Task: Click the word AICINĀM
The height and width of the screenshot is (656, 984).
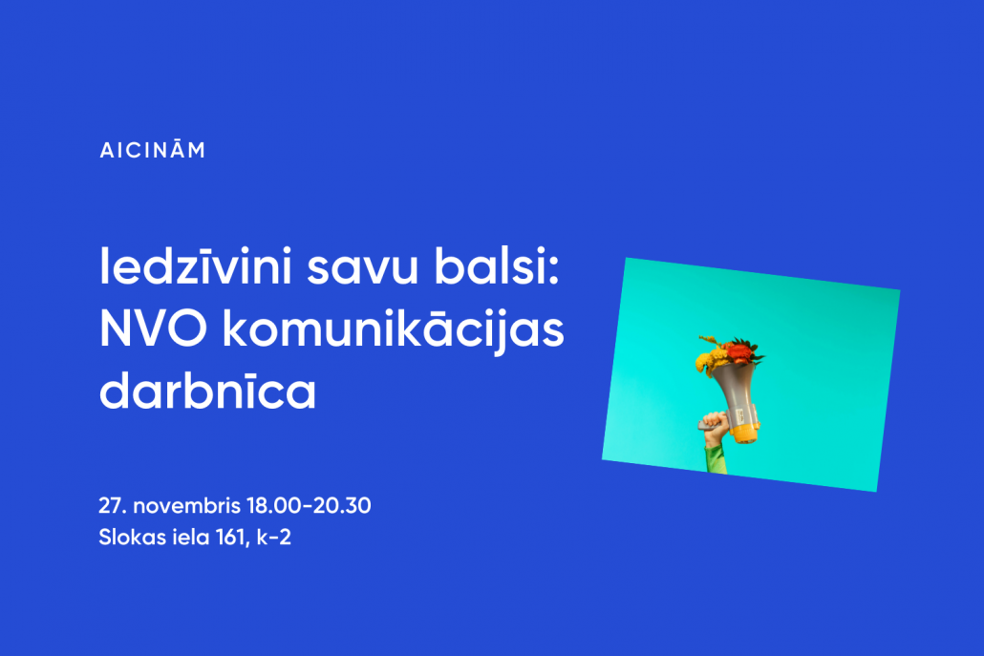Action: pos(153,149)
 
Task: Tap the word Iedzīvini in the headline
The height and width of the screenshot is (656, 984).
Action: pos(196,266)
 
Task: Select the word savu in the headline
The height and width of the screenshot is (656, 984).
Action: pos(363,269)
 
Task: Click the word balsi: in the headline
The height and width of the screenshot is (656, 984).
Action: pos(497,265)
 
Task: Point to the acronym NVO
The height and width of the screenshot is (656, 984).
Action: pos(153,328)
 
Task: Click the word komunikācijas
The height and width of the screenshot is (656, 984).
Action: pos(394,329)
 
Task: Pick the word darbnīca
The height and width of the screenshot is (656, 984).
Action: pos(207,391)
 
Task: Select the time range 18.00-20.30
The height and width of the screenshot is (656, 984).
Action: pos(309,505)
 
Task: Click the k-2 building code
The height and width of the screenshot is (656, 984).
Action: pos(274,538)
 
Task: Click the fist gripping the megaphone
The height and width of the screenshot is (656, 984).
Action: pos(715,428)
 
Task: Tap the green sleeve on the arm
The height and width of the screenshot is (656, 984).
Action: pos(715,458)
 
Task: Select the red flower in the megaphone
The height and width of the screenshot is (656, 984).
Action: pos(739,352)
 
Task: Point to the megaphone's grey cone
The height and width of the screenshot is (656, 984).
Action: pos(735,389)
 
